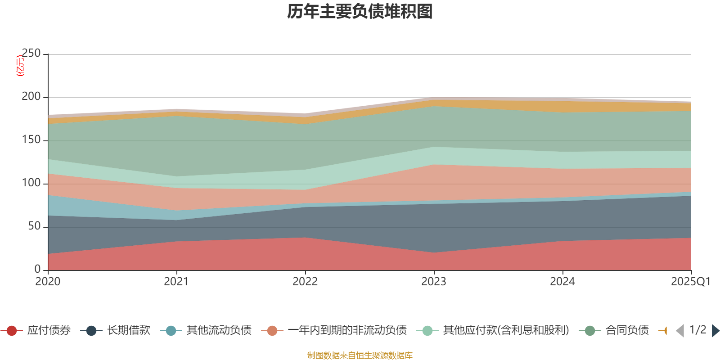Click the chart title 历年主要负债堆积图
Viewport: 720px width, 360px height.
click(x=360, y=12)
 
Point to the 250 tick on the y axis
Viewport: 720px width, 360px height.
click(x=31, y=54)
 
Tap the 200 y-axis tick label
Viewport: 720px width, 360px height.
click(x=31, y=97)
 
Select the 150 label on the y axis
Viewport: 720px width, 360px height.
click(x=31, y=140)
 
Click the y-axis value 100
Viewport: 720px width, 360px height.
click(x=31, y=183)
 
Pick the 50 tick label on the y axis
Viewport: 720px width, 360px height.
click(x=34, y=226)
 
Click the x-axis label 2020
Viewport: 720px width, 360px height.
click(x=48, y=282)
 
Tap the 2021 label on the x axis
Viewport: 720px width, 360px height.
click(x=176, y=282)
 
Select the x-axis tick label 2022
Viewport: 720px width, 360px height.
click(x=305, y=282)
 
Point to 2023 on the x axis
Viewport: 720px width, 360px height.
click(x=434, y=282)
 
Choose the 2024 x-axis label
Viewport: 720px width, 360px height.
click(x=562, y=282)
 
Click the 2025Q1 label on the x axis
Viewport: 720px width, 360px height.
click(x=690, y=282)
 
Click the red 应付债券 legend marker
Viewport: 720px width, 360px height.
click(x=12, y=331)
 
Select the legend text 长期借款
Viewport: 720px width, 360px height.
click(x=128, y=331)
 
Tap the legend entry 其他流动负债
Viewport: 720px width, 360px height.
click(x=219, y=331)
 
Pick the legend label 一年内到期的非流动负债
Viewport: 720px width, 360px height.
click(x=347, y=331)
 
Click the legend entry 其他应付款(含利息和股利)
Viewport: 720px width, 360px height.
click(x=506, y=331)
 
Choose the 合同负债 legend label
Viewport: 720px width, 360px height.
click(x=627, y=331)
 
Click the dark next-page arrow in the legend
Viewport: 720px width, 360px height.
click(x=715, y=331)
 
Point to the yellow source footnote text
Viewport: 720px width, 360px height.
click(x=360, y=355)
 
